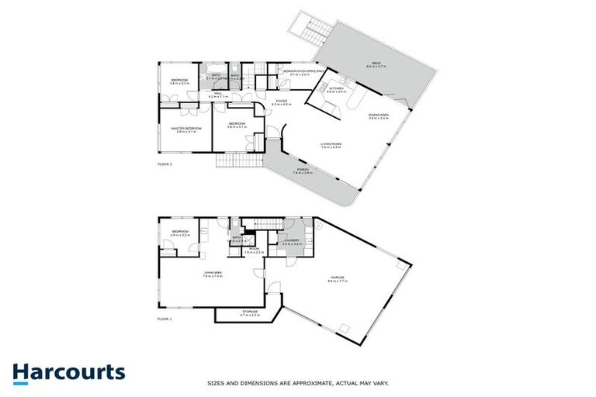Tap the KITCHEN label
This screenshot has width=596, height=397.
tap(336, 89)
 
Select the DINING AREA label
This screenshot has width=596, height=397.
tap(378, 116)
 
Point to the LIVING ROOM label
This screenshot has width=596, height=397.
tap(331, 144)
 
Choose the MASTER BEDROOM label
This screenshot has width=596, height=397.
tap(186, 129)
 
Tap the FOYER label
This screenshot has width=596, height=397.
tap(281, 102)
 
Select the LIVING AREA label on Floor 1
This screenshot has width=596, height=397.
tap(213, 273)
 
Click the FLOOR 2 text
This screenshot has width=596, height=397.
tap(165, 164)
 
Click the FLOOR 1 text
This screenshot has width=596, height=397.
tap(164, 319)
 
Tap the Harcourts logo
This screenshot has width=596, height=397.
tap(68, 371)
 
